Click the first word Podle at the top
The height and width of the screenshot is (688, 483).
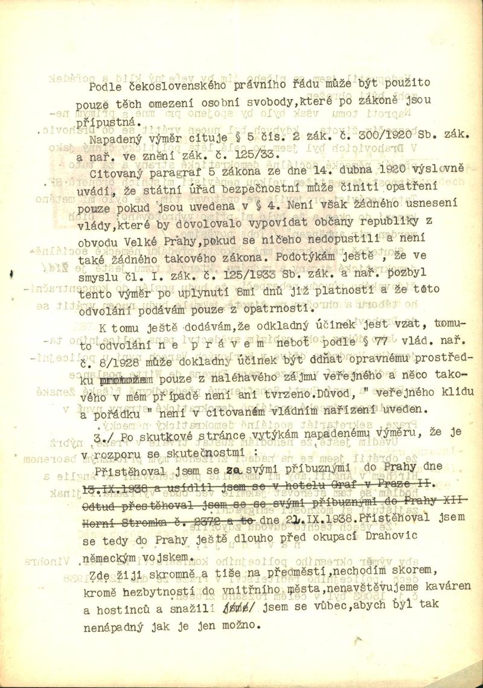[x=102, y=85]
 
